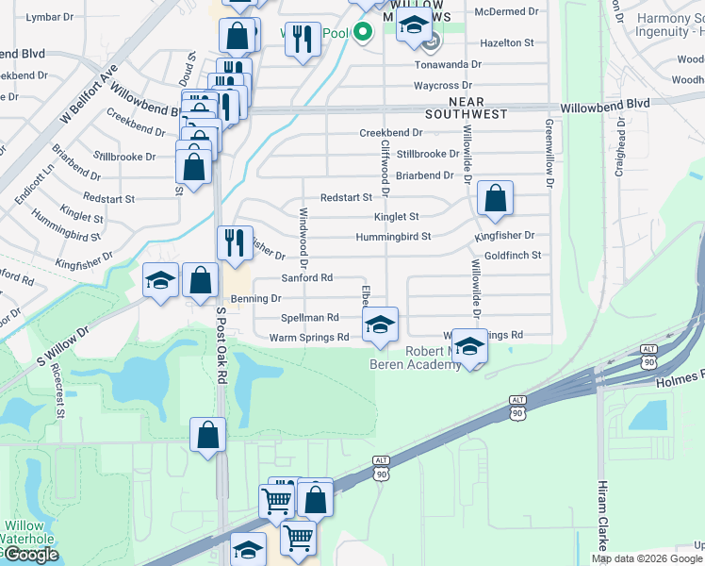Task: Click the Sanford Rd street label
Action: pyautogui.click(x=307, y=278)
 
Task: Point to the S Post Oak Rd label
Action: pyautogui.click(x=222, y=343)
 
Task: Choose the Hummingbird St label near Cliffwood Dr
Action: pyautogui.click(x=393, y=237)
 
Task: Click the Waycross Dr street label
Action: pyautogui.click(x=449, y=86)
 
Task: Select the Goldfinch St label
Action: pyautogui.click(x=513, y=256)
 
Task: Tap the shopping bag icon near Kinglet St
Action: pyautogui.click(x=495, y=198)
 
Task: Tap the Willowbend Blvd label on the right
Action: pyautogui.click(x=605, y=105)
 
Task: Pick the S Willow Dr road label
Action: pyautogui.click(x=62, y=344)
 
